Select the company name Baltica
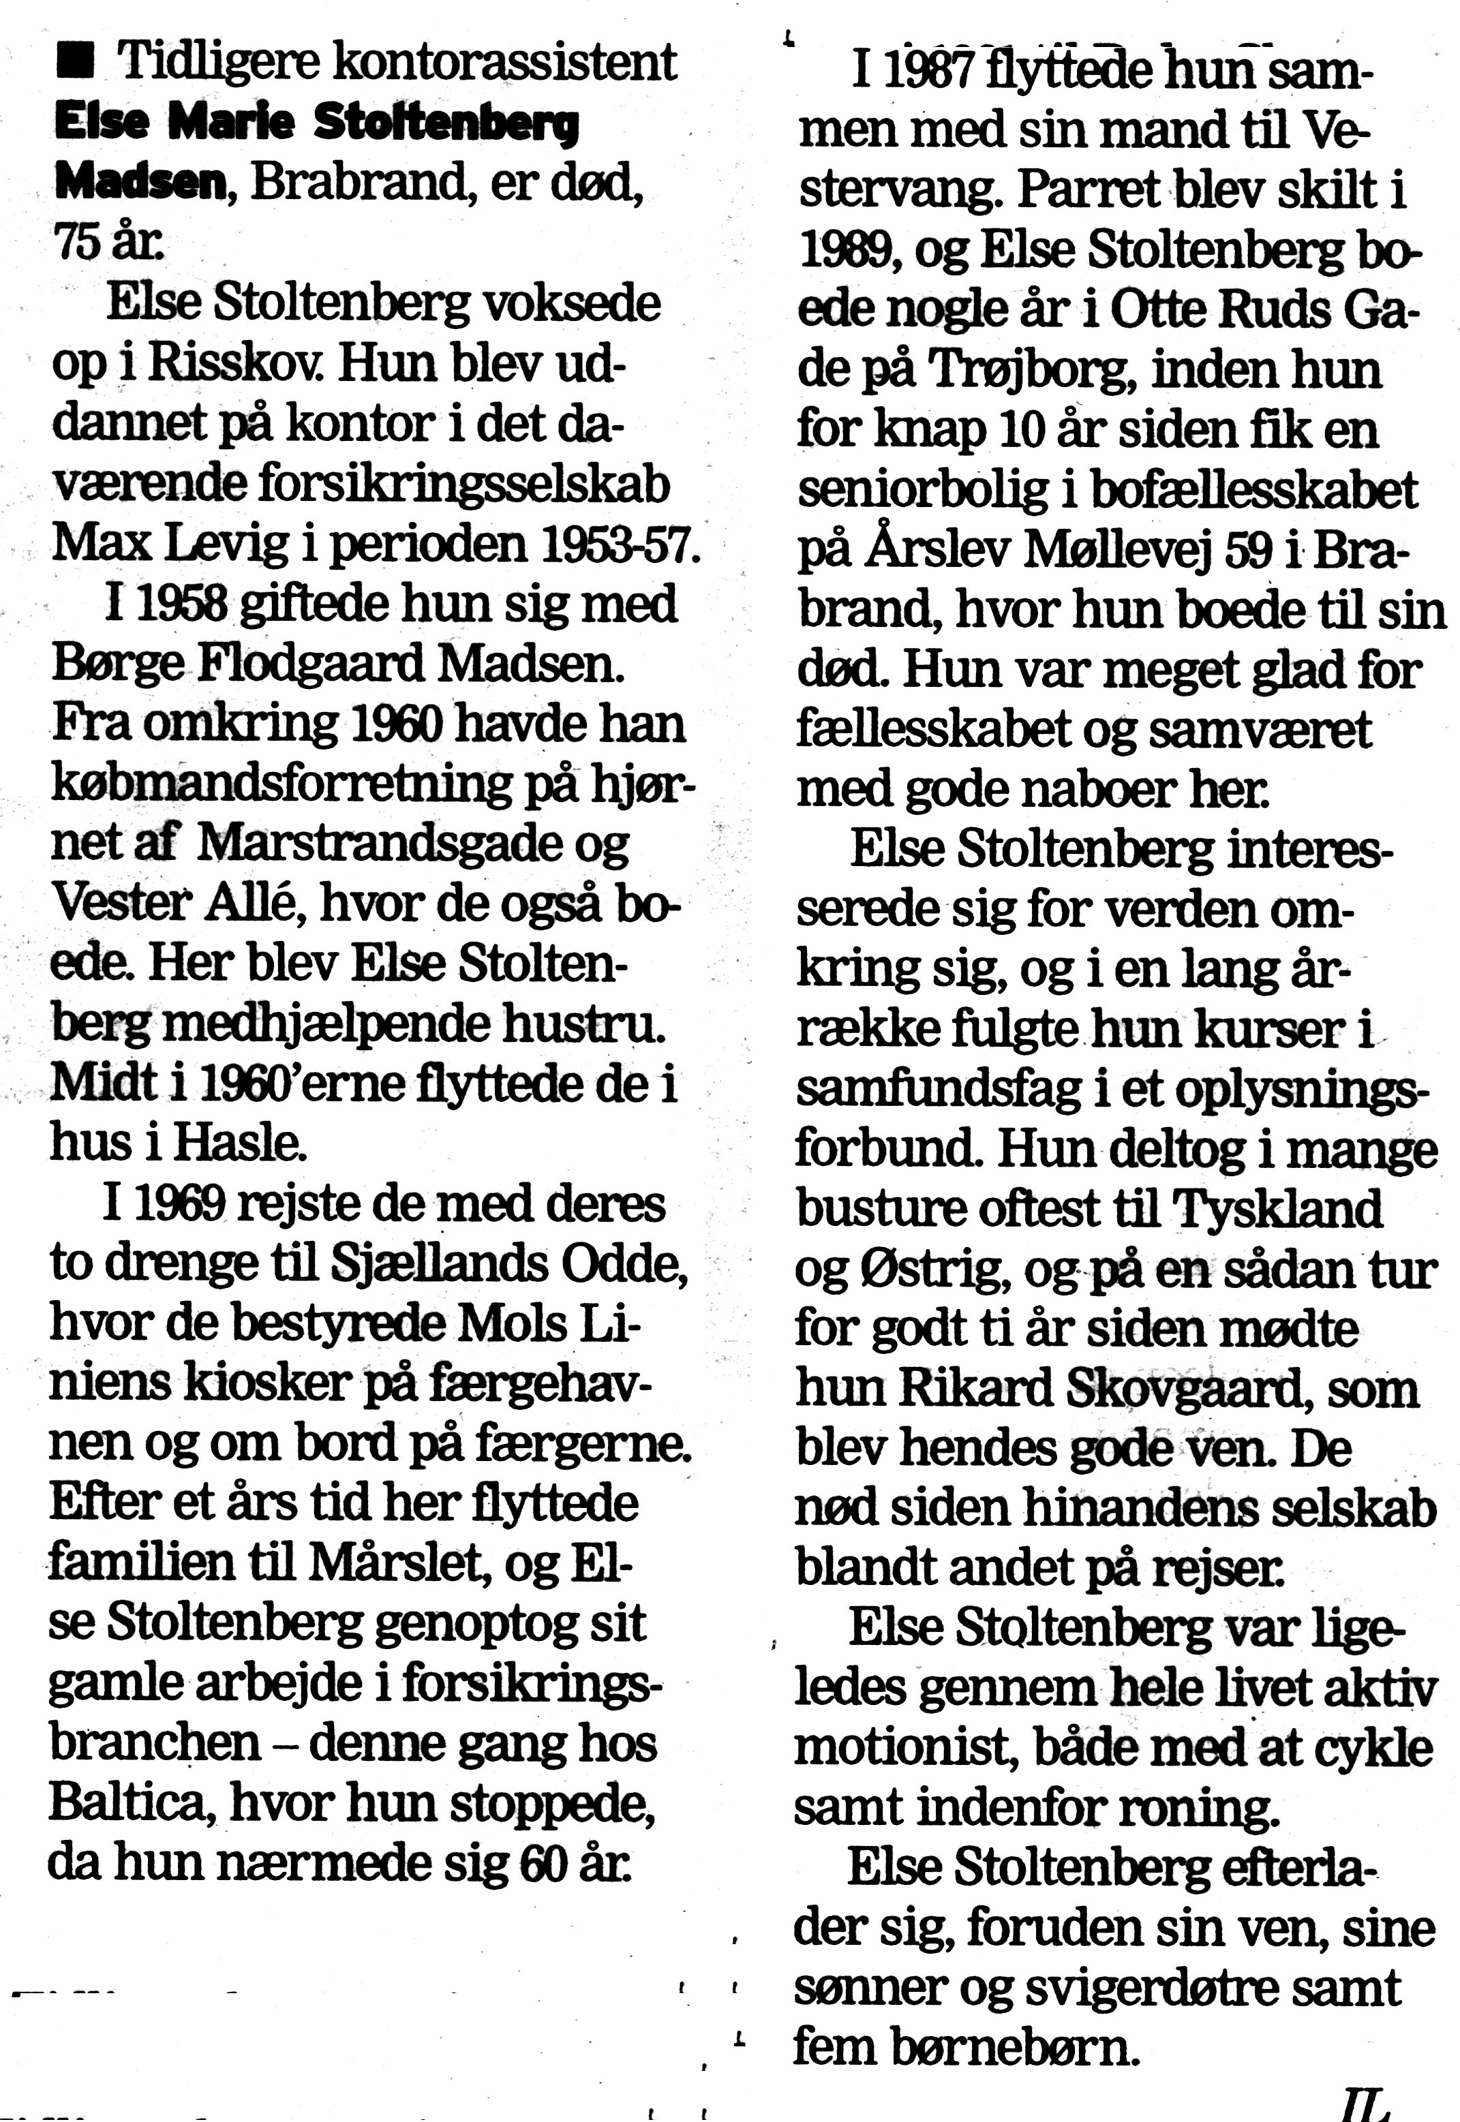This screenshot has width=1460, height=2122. (134, 1804)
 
